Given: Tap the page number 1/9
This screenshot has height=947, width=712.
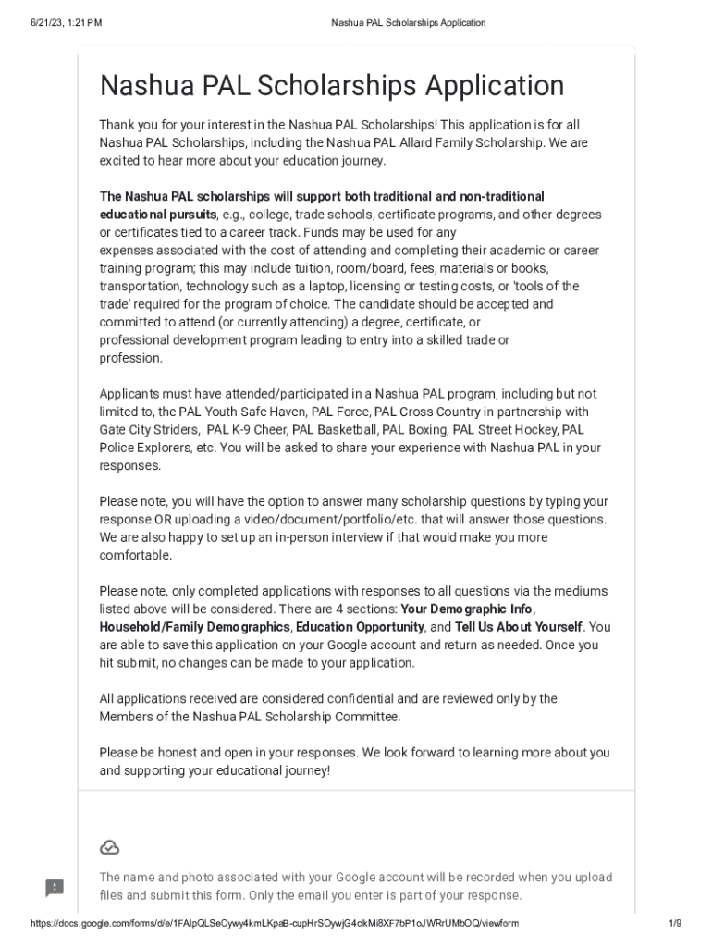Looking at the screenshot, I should click(674, 924).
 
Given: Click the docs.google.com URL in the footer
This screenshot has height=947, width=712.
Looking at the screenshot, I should click(275, 924).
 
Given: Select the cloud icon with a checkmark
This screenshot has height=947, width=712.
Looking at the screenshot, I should click(109, 848).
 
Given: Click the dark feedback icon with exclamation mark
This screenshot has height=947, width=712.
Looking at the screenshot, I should click(55, 888).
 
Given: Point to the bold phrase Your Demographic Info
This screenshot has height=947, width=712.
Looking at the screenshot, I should click(466, 609).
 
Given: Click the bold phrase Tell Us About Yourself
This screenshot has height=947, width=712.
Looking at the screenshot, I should click(518, 627).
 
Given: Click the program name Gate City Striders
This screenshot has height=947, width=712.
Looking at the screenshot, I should click(149, 430).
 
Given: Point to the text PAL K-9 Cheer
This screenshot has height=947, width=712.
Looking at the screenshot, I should click(246, 430).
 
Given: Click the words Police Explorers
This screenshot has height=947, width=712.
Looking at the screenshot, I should click(144, 448).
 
